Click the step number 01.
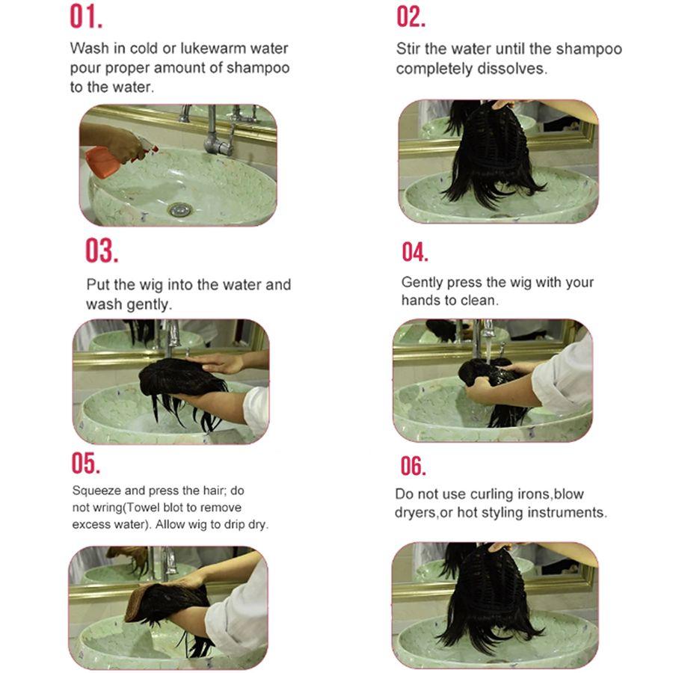coord(86,17)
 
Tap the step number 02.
coord(411,17)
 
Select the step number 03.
coord(102,251)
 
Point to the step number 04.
coord(415,252)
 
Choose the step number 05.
coord(86,463)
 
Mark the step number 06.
coord(414,466)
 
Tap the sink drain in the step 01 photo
coord(179,209)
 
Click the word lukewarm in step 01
coord(213,48)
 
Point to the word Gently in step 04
coord(422,283)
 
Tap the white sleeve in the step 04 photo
coord(563,377)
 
